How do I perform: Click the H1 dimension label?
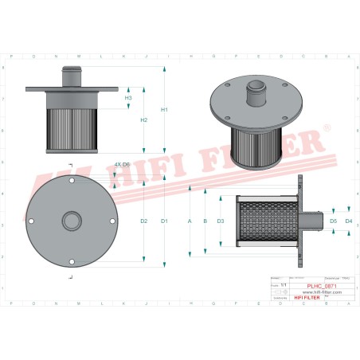pyautogui.click(x=164, y=109)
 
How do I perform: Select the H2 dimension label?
pyautogui.click(x=144, y=120)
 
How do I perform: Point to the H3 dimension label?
pyautogui.click(x=129, y=98)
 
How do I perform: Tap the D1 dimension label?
pyautogui.click(x=164, y=220)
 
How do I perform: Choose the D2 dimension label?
pyautogui.click(x=144, y=220)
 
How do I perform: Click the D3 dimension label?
pyautogui.click(x=221, y=220)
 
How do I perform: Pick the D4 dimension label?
pyautogui.click(x=349, y=220)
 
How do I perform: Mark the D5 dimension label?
pyautogui.click(x=334, y=220)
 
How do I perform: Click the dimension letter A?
pyautogui.click(x=190, y=220)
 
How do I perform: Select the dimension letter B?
pyautogui.click(x=205, y=220)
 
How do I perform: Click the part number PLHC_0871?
pyautogui.click(x=320, y=285)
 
